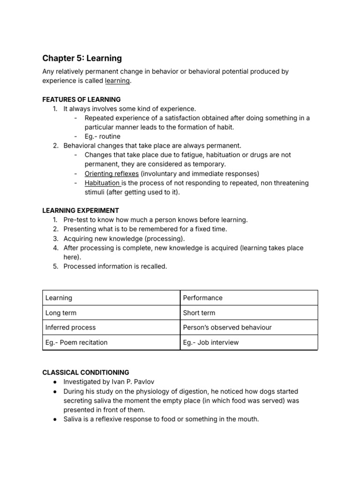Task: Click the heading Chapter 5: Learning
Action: (x=82, y=58)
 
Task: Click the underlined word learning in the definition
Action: (x=117, y=81)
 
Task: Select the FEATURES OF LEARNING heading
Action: (x=82, y=99)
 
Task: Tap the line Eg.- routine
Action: (x=102, y=136)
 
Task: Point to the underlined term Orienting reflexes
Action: (x=112, y=173)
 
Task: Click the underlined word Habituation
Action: (x=102, y=183)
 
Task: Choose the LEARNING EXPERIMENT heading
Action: (x=81, y=210)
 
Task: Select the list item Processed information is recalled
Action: (x=115, y=266)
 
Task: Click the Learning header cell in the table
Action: (x=59, y=298)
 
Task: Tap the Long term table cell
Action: (x=61, y=313)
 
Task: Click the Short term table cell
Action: (x=199, y=313)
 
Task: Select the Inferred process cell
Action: (x=70, y=328)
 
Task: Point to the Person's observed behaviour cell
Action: (x=227, y=328)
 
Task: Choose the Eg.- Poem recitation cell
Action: (x=76, y=342)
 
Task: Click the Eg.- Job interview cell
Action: (x=211, y=342)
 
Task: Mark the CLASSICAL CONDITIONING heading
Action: (x=86, y=372)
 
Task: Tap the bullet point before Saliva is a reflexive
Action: (x=55, y=419)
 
